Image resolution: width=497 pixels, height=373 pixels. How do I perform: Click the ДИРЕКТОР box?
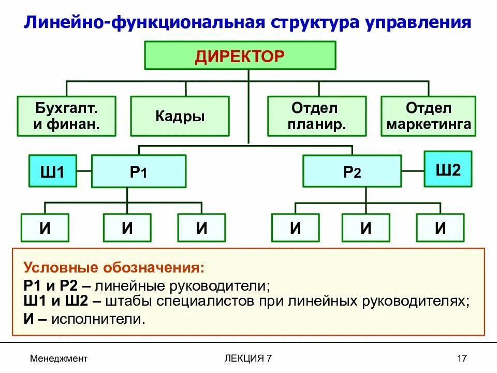coord(240,55)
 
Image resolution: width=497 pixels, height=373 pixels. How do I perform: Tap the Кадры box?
coord(180,116)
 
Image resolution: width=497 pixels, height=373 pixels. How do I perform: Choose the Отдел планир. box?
coord(317,116)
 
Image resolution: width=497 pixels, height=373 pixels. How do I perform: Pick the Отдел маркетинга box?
coord(428,116)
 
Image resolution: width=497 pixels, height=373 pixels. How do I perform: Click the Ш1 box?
coord(52,171)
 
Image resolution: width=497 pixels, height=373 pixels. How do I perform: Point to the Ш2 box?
coord(448,169)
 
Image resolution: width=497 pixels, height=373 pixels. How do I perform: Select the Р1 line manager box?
coord(138,171)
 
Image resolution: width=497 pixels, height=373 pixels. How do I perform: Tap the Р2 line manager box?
coord(352,171)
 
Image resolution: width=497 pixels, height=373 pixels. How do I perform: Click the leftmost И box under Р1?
coord(45,228)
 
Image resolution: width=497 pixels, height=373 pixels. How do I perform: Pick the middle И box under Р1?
coord(127,228)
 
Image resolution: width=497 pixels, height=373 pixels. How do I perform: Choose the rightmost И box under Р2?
coord(440,228)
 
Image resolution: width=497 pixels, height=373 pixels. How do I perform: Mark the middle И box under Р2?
coord(366,228)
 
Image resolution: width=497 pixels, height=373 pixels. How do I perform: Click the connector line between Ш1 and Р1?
coord(84,171)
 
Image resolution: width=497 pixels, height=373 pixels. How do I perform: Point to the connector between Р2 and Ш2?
coord(413,170)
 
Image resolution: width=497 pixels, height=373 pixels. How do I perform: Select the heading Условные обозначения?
coord(114,268)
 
